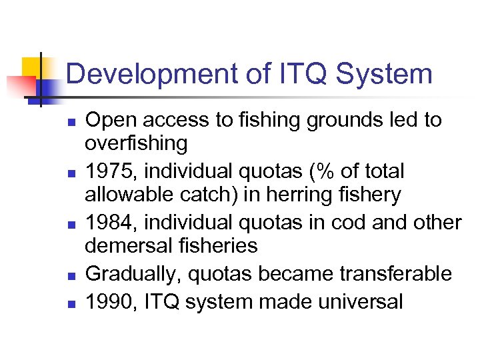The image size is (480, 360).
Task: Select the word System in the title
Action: pyautogui.click(x=385, y=75)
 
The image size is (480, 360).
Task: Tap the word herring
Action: pyautogui.click(x=297, y=195)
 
